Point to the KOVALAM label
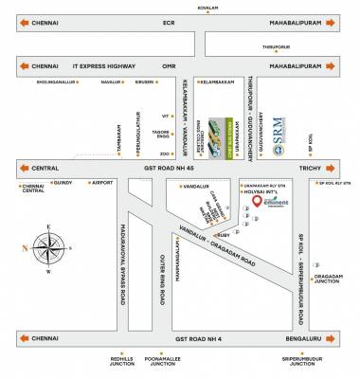[x=180, y=6]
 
